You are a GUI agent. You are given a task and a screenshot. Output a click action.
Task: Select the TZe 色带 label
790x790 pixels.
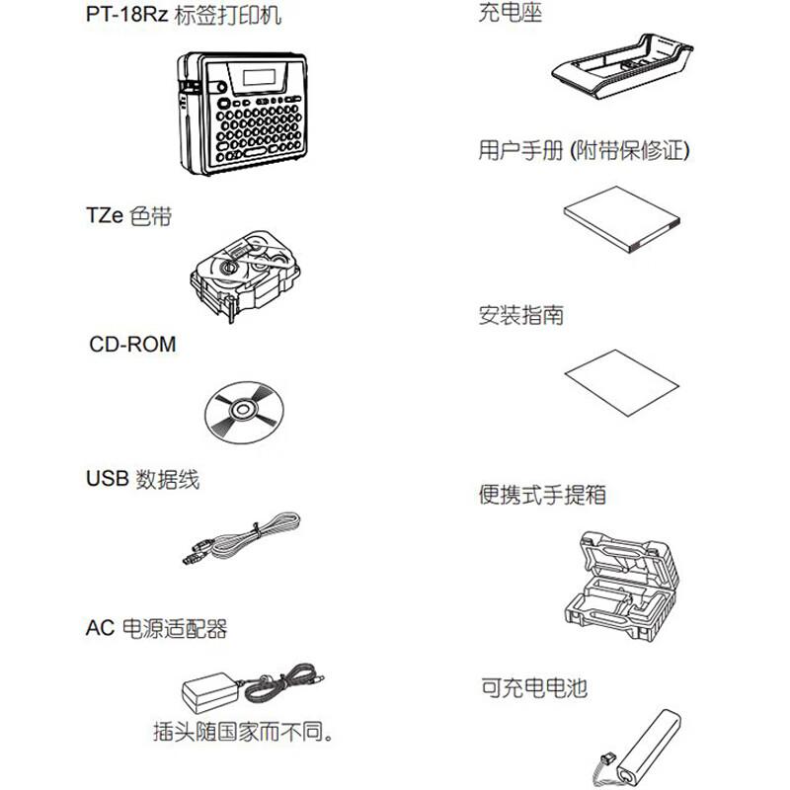[129, 215]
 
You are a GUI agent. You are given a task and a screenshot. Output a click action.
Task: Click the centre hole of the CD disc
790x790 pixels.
[242, 407]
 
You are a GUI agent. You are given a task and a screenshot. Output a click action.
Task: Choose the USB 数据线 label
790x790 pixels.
[143, 479]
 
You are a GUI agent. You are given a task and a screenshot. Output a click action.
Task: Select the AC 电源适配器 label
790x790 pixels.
[157, 628]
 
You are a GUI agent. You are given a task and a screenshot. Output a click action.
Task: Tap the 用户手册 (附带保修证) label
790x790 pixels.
[584, 151]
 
